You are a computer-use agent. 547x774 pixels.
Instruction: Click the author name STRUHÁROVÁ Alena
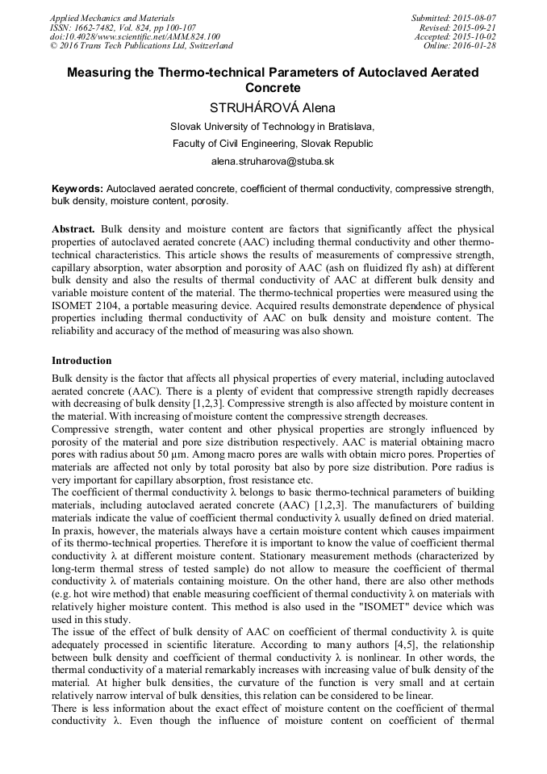[x=272, y=107]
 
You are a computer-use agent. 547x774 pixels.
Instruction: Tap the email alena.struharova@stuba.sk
[x=273, y=161]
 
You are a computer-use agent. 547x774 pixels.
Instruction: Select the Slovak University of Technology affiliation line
[x=273, y=127]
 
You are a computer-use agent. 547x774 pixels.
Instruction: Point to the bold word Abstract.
[x=74, y=229]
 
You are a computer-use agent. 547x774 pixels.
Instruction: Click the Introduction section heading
[x=81, y=360]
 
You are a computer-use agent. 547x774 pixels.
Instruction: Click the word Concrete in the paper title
[x=273, y=87]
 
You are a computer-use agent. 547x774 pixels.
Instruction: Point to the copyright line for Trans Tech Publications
[x=141, y=47]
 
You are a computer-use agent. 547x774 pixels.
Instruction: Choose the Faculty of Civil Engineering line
[x=273, y=144]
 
